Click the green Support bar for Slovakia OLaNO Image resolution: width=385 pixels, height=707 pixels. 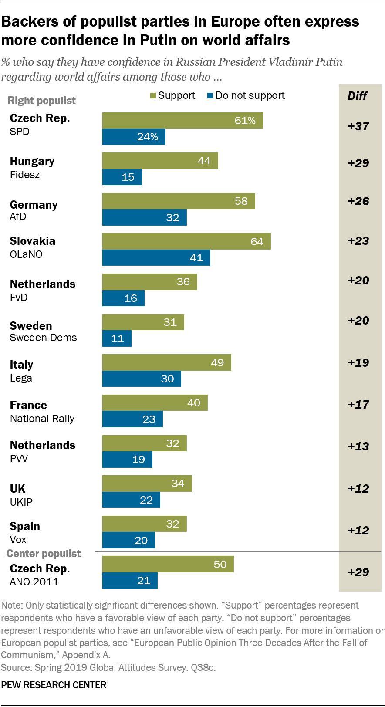click(186, 241)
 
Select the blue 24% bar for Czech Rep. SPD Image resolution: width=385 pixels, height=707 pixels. click(134, 137)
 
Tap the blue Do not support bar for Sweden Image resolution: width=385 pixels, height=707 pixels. click(117, 338)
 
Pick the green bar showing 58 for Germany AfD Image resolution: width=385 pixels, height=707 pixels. click(179, 201)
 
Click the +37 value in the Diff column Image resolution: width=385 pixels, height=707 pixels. click(358, 126)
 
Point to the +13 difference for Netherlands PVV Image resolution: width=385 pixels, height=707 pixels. click(358, 447)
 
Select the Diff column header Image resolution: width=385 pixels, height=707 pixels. click(357, 96)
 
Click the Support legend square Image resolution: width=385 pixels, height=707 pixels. click(153, 96)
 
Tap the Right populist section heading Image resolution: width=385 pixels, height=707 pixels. click(42, 101)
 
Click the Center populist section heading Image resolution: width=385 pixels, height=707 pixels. click(44, 554)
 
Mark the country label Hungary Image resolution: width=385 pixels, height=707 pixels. click(32, 162)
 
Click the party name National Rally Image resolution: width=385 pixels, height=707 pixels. click(42, 419)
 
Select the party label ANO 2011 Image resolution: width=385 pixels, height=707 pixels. click(34, 582)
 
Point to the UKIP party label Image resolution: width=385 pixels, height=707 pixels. click(21, 502)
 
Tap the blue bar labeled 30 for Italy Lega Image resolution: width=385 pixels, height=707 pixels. click(142, 379)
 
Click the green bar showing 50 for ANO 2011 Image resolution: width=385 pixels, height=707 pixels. click(168, 564)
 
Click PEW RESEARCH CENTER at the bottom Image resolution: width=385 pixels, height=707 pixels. click(54, 685)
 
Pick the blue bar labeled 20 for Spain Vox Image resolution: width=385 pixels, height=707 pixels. click(128, 541)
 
